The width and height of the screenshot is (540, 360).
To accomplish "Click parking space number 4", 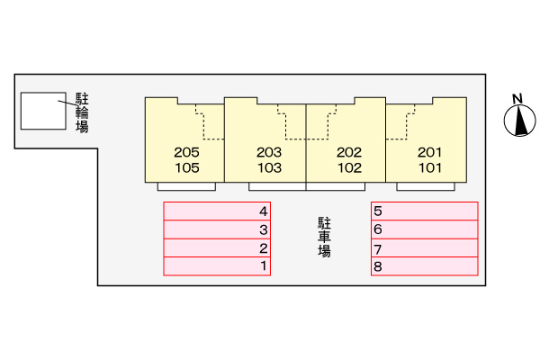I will tap(217, 211).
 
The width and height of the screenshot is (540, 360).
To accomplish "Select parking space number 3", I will tap(217, 229).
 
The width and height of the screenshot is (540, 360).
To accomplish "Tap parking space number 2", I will tap(217, 247).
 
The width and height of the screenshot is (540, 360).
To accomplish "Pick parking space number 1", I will tap(217, 265).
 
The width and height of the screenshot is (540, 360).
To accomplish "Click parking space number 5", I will tap(424, 211).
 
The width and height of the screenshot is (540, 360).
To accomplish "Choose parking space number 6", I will tap(424, 229).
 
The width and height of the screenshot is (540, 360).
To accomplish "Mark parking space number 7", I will tap(424, 248).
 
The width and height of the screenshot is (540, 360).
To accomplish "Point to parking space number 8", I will tap(424, 266).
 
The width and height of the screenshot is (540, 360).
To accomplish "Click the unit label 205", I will tap(186, 152).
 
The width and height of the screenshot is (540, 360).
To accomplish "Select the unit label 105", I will tap(186, 167).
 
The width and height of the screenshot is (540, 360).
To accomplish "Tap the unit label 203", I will tap(269, 152).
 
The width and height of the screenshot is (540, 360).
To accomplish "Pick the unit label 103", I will tap(269, 167).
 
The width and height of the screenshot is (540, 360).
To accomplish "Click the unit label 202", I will tap(348, 152).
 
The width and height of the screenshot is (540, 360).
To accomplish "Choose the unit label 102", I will tap(348, 167).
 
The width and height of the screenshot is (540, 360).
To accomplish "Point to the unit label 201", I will tap(429, 152).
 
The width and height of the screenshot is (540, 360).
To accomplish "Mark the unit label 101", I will tap(429, 167).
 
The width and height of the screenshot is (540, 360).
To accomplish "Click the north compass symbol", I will tap(517, 121).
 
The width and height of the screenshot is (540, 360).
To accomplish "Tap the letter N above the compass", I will tap(517, 99).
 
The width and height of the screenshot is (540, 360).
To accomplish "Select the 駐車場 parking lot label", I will tap(324, 238).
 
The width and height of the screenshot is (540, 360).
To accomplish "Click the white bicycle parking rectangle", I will tap(43, 109).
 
